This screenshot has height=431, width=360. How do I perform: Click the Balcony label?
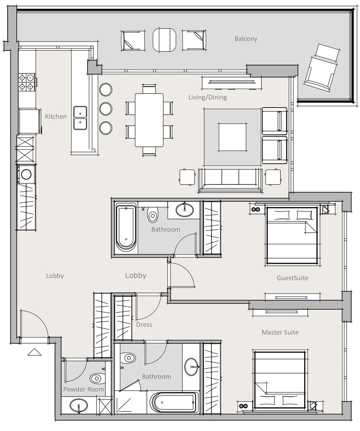[245, 39]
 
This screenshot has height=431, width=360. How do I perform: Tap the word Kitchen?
[55, 117]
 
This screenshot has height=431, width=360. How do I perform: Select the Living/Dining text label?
[207, 97]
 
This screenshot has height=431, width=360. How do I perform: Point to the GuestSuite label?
[292, 278]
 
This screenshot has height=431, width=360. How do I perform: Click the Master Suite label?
[280, 332]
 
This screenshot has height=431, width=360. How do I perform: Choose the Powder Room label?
[83, 389]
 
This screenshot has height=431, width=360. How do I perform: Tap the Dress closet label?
[144, 324]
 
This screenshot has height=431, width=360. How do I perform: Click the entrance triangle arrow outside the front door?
[34, 352]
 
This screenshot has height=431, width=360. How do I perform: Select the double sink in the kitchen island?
[80, 118]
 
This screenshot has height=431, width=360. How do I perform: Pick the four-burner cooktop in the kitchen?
[27, 81]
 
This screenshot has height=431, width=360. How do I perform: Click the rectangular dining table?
[149, 120]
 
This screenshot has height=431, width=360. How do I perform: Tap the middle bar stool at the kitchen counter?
[106, 109]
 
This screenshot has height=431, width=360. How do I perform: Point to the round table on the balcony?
[164, 40]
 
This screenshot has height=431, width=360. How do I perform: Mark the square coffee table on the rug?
[232, 137]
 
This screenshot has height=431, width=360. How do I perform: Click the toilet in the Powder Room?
[97, 378]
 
